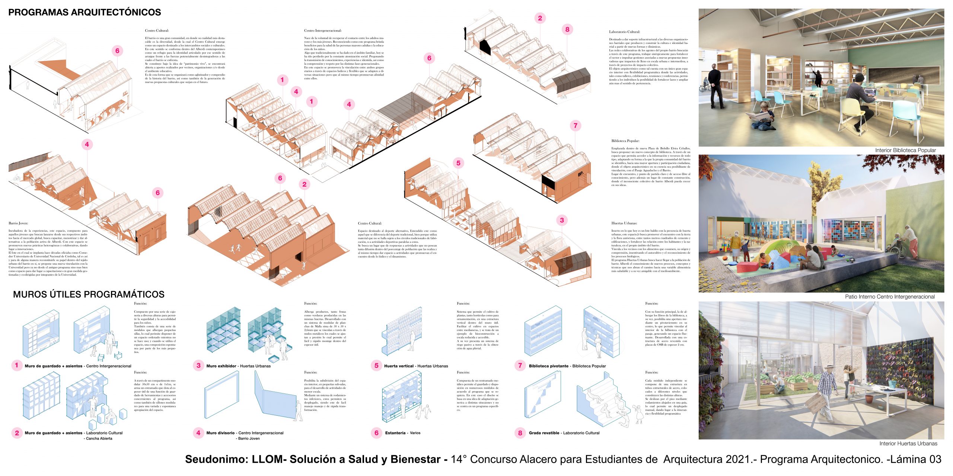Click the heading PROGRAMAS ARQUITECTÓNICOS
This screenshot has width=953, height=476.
click(85, 12)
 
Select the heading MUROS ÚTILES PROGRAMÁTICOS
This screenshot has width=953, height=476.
click(89, 295)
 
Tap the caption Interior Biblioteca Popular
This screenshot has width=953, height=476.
click(905, 150)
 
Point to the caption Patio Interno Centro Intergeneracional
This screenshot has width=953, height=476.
click(890, 297)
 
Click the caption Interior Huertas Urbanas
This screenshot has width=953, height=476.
click(908, 443)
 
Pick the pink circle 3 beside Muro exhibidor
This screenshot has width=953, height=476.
click(198, 366)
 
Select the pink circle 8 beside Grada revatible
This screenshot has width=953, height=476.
click(520, 432)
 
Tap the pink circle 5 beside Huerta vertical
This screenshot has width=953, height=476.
click(376, 366)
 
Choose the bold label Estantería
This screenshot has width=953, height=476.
click(395, 433)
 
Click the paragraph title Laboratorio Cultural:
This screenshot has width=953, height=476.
click(624, 32)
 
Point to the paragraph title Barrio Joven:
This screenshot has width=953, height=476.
click(18, 223)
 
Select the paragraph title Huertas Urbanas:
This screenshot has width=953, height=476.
click(624, 223)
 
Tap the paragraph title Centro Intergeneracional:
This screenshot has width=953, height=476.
click(323, 30)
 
